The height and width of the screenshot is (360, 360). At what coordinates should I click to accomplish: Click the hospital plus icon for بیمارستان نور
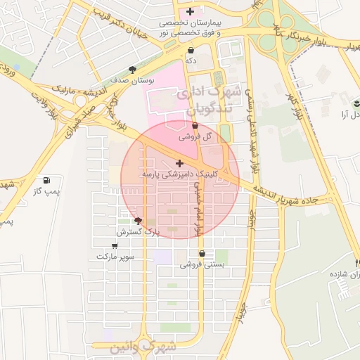pyautogui.click(x=191, y=12)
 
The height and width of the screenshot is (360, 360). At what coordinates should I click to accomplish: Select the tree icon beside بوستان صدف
pyautogui.click(x=131, y=69)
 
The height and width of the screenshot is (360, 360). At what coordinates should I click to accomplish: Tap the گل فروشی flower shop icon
pyautogui.click(x=195, y=126)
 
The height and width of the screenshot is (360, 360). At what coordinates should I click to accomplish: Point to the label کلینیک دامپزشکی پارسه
pyautogui.click(x=179, y=173)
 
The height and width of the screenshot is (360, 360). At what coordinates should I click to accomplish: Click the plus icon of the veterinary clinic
pyautogui.click(x=179, y=162)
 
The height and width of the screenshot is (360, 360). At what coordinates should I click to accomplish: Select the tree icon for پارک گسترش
pyautogui.click(x=138, y=220)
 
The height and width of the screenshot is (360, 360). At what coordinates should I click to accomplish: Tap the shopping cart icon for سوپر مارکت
pyautogui.click(x=115, y=246)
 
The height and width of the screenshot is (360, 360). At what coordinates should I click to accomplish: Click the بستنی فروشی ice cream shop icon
pyautogui.click(x=202, y=254)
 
